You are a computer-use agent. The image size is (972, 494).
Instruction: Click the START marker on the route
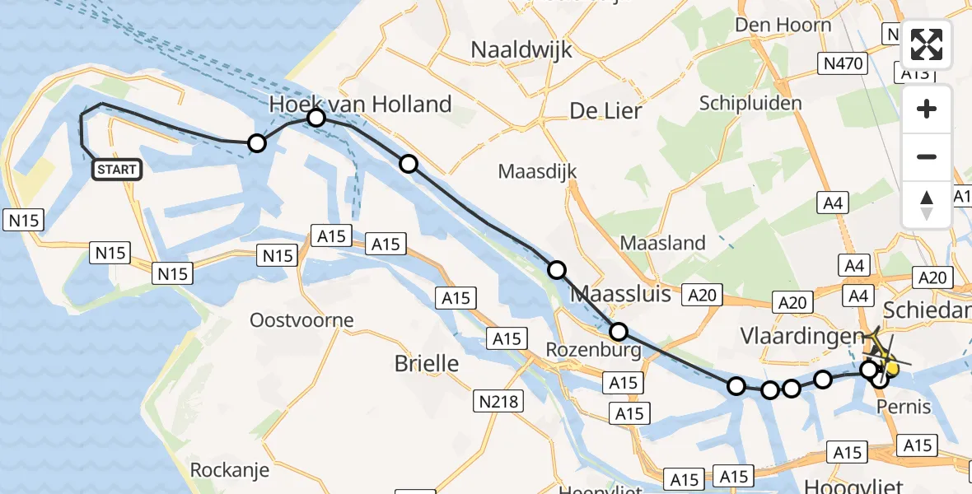[117, 170]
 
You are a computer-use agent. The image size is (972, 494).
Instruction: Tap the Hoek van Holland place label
[362, 105]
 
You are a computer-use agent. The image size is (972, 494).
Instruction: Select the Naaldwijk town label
[521, 49]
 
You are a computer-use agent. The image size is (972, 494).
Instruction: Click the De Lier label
[605, 110]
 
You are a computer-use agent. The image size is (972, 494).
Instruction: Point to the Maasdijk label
[537, 172]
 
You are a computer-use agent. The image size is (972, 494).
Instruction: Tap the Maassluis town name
[620, 293]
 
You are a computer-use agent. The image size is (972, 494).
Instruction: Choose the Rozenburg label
[593, 350]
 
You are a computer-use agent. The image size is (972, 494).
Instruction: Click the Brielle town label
[427, 362]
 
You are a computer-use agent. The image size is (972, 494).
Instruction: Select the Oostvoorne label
[301, 320]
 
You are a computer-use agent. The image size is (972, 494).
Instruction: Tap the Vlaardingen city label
[802, 337]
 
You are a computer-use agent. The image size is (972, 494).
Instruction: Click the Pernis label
[904, 407]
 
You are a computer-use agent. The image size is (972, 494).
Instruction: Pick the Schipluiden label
[750, 103]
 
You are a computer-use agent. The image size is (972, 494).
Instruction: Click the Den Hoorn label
[783, 25]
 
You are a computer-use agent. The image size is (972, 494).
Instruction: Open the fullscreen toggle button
[927, 44]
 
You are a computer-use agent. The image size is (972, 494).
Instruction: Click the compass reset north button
[927, 205]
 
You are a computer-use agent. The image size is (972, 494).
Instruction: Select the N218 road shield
[498, 401]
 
